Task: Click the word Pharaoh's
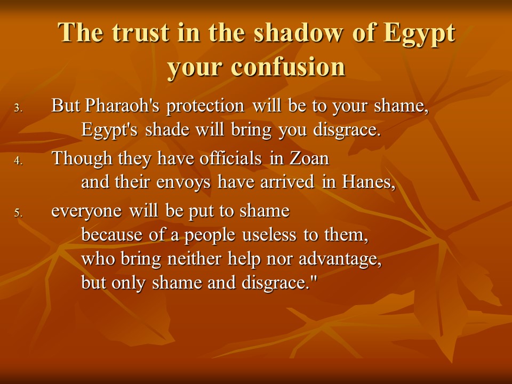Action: pyautogui.click(x=122, y=106)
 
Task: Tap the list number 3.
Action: pyautogui.click(x=18, y=108)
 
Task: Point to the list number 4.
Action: pyautogui.click(x=18, y=161)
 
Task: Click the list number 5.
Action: pyautogui.click(x=18, y=213)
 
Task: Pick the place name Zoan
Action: pyautogui.click(x=309, y=159)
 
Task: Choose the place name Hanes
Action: pyautogui.click(x=369, y=182)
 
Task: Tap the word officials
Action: pyautogui.click(x=230, y=158)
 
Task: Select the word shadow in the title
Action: pyautogui.click(x=299, y=33)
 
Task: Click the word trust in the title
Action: pyautogui.click(x=141, y=33)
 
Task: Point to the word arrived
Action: pyautogui.click(x=287, y=181)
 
